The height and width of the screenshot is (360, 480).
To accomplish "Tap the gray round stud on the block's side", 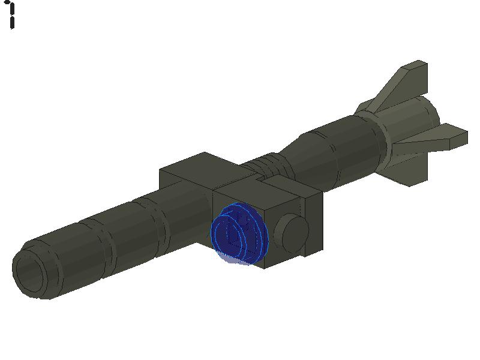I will pos(291,233).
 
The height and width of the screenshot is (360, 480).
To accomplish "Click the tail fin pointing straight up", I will pos(408,81).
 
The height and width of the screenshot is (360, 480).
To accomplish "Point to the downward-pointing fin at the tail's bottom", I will pos(414,168).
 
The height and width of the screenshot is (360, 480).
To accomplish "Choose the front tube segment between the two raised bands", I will pos(120,234).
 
